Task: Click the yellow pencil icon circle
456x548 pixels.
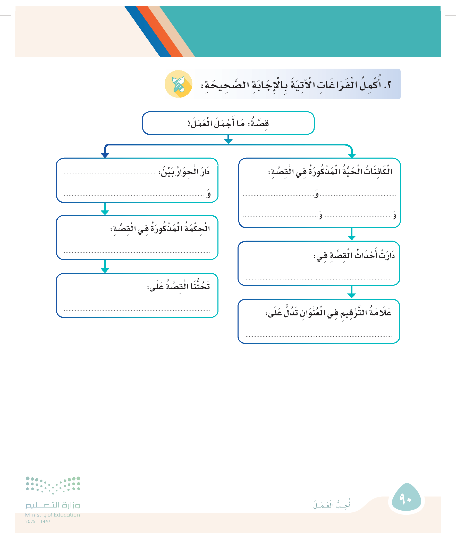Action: coord(178,84)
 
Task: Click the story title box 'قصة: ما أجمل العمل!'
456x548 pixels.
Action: coord(228,123)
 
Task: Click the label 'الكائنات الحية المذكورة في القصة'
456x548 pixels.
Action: coord(330,172)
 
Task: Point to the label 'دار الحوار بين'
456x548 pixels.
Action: coord(184,172)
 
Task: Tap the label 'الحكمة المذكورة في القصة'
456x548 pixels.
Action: coord(160,229)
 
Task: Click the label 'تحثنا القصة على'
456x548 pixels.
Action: coord(179,286)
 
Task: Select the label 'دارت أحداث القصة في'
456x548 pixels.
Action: coord(354,255)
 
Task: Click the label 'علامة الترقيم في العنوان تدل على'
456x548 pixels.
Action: coord(328,312)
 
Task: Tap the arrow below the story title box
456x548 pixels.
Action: coord(228,139)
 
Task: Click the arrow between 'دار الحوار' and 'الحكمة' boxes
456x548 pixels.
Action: coord(105,209)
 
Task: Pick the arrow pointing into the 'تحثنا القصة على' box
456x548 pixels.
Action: coord(105,266)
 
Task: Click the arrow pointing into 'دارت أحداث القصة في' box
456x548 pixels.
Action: coord(351,234)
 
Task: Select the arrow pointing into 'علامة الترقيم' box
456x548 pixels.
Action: coord(351,292)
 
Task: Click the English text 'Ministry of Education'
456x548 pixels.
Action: coord(52,515)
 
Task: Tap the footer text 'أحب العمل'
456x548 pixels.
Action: coord(332,505)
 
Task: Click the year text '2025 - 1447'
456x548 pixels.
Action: coord(38,521)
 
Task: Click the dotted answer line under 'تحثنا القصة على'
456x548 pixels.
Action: coord(137,310)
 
